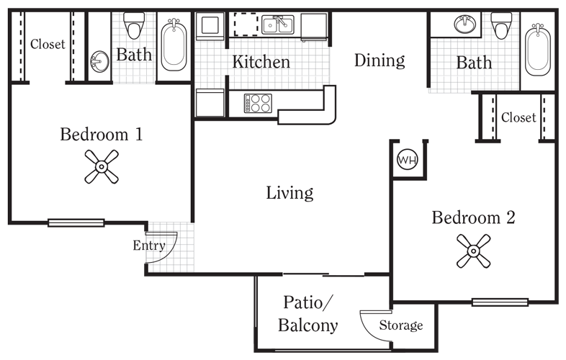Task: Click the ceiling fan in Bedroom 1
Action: [x=102, y=166]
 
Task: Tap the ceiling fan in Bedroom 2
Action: [x=473, y=251]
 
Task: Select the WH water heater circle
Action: [x=407, y=160]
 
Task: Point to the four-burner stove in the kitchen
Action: [x=258, y=103]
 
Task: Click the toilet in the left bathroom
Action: [x=134, y=25]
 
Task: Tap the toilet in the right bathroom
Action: [x=501, y=26]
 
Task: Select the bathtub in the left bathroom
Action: [x=174, y=45]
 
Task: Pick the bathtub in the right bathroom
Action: [x=538, y=50]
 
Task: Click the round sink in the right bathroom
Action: [x=464, y=24]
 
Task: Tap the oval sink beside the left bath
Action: [x=99, y=61]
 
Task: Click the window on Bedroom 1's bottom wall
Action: [x=76, y=222]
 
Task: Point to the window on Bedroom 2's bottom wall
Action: [x=500, y=302]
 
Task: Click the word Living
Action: [x=289, y=193]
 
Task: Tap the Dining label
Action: [x=379, y=60]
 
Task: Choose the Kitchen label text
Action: [x=261, y=62]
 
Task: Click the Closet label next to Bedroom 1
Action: [x=48, y=44]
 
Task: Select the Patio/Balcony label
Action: [x=307, y=313]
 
